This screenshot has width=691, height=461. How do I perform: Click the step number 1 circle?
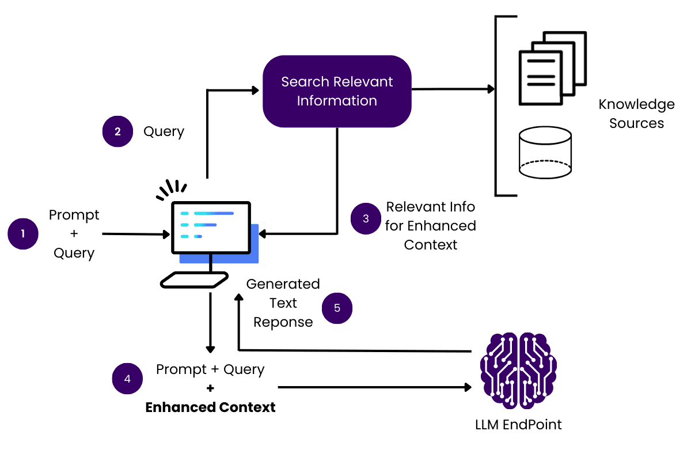pos(23,234)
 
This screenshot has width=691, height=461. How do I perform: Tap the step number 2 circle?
pos(117,131)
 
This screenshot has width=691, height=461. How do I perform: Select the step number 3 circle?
pos(366,219)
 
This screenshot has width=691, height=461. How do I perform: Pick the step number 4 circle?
pos(127,379)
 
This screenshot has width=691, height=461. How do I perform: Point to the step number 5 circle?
pos(337,308)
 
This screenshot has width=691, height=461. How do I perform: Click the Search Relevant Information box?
pos(337,91)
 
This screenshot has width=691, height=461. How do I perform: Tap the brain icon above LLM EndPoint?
pos(518,369)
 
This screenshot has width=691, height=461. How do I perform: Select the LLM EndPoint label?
pos(518,425)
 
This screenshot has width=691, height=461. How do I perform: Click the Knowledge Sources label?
pos(636,114)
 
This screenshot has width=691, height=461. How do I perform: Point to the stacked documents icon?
pos(552,69)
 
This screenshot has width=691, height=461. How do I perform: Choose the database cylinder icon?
pos(545,152)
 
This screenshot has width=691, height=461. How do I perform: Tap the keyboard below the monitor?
pos(193,279)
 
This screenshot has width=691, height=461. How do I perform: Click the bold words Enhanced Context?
pos(210,407)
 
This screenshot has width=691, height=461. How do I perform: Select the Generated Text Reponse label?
pos(283,303)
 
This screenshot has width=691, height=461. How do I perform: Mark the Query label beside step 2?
pos(164,131)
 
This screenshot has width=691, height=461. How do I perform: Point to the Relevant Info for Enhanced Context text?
pos(430,225)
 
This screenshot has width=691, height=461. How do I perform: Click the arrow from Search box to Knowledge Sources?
pos(452,89)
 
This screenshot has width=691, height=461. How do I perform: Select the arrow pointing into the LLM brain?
pos(374,387)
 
